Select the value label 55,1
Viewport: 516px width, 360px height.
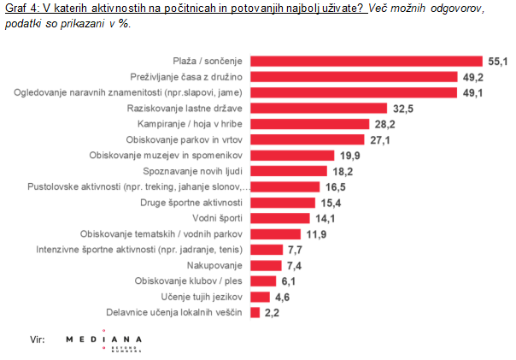point(497,61)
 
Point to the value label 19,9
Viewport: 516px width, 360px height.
point(347,156)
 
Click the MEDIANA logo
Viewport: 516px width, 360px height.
point(104,341)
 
